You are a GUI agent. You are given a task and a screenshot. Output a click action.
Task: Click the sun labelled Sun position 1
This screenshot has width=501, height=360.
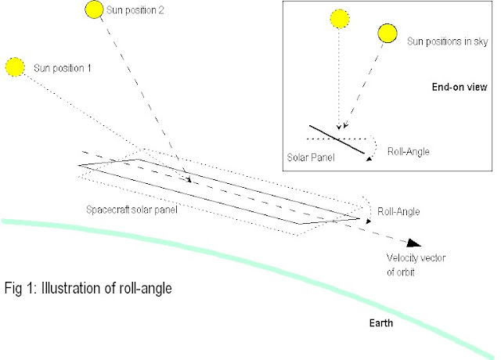pyautogui.click(x=16, y=67)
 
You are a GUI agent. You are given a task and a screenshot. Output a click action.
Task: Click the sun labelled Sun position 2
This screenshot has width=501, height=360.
pyautogui.click(x=92, y=10)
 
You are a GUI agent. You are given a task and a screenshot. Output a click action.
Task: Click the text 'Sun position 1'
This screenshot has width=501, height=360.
pyautogui.click(x=63, y=68)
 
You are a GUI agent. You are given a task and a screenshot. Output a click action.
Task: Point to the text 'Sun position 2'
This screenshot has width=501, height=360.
pyautogui.click(x=139, y=13)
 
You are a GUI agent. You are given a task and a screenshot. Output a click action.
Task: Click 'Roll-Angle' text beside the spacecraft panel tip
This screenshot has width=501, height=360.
pyautogui.click(x=399, y=211)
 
